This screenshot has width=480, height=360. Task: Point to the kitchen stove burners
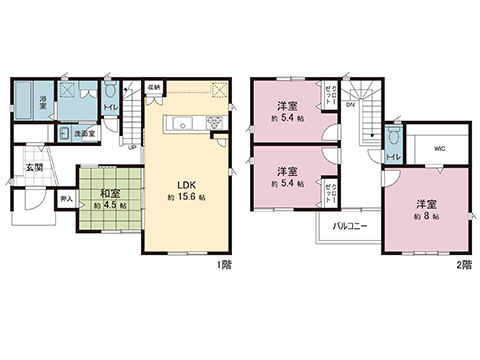(212, 123)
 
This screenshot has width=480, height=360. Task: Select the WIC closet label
(439, 149)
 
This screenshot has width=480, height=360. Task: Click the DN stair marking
(351, 104)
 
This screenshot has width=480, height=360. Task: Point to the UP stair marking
(132, 148)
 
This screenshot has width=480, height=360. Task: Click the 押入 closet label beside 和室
(65, 200)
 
